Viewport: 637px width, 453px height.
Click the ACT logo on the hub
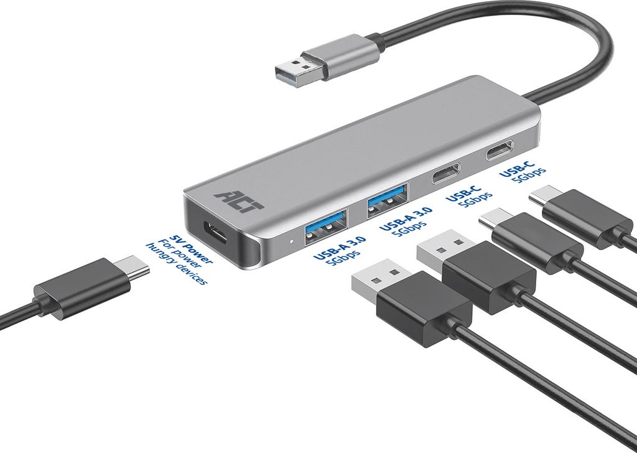[x=239, y=200]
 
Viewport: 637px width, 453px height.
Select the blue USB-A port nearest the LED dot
[x=326, y=226]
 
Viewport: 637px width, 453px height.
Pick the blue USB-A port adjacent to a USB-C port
[x=388, y=201]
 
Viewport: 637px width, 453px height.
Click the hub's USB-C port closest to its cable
[x=500, y=150]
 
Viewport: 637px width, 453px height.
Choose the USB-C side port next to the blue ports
[x=446, y=174]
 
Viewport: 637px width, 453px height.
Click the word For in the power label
[x=165, y=245]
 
